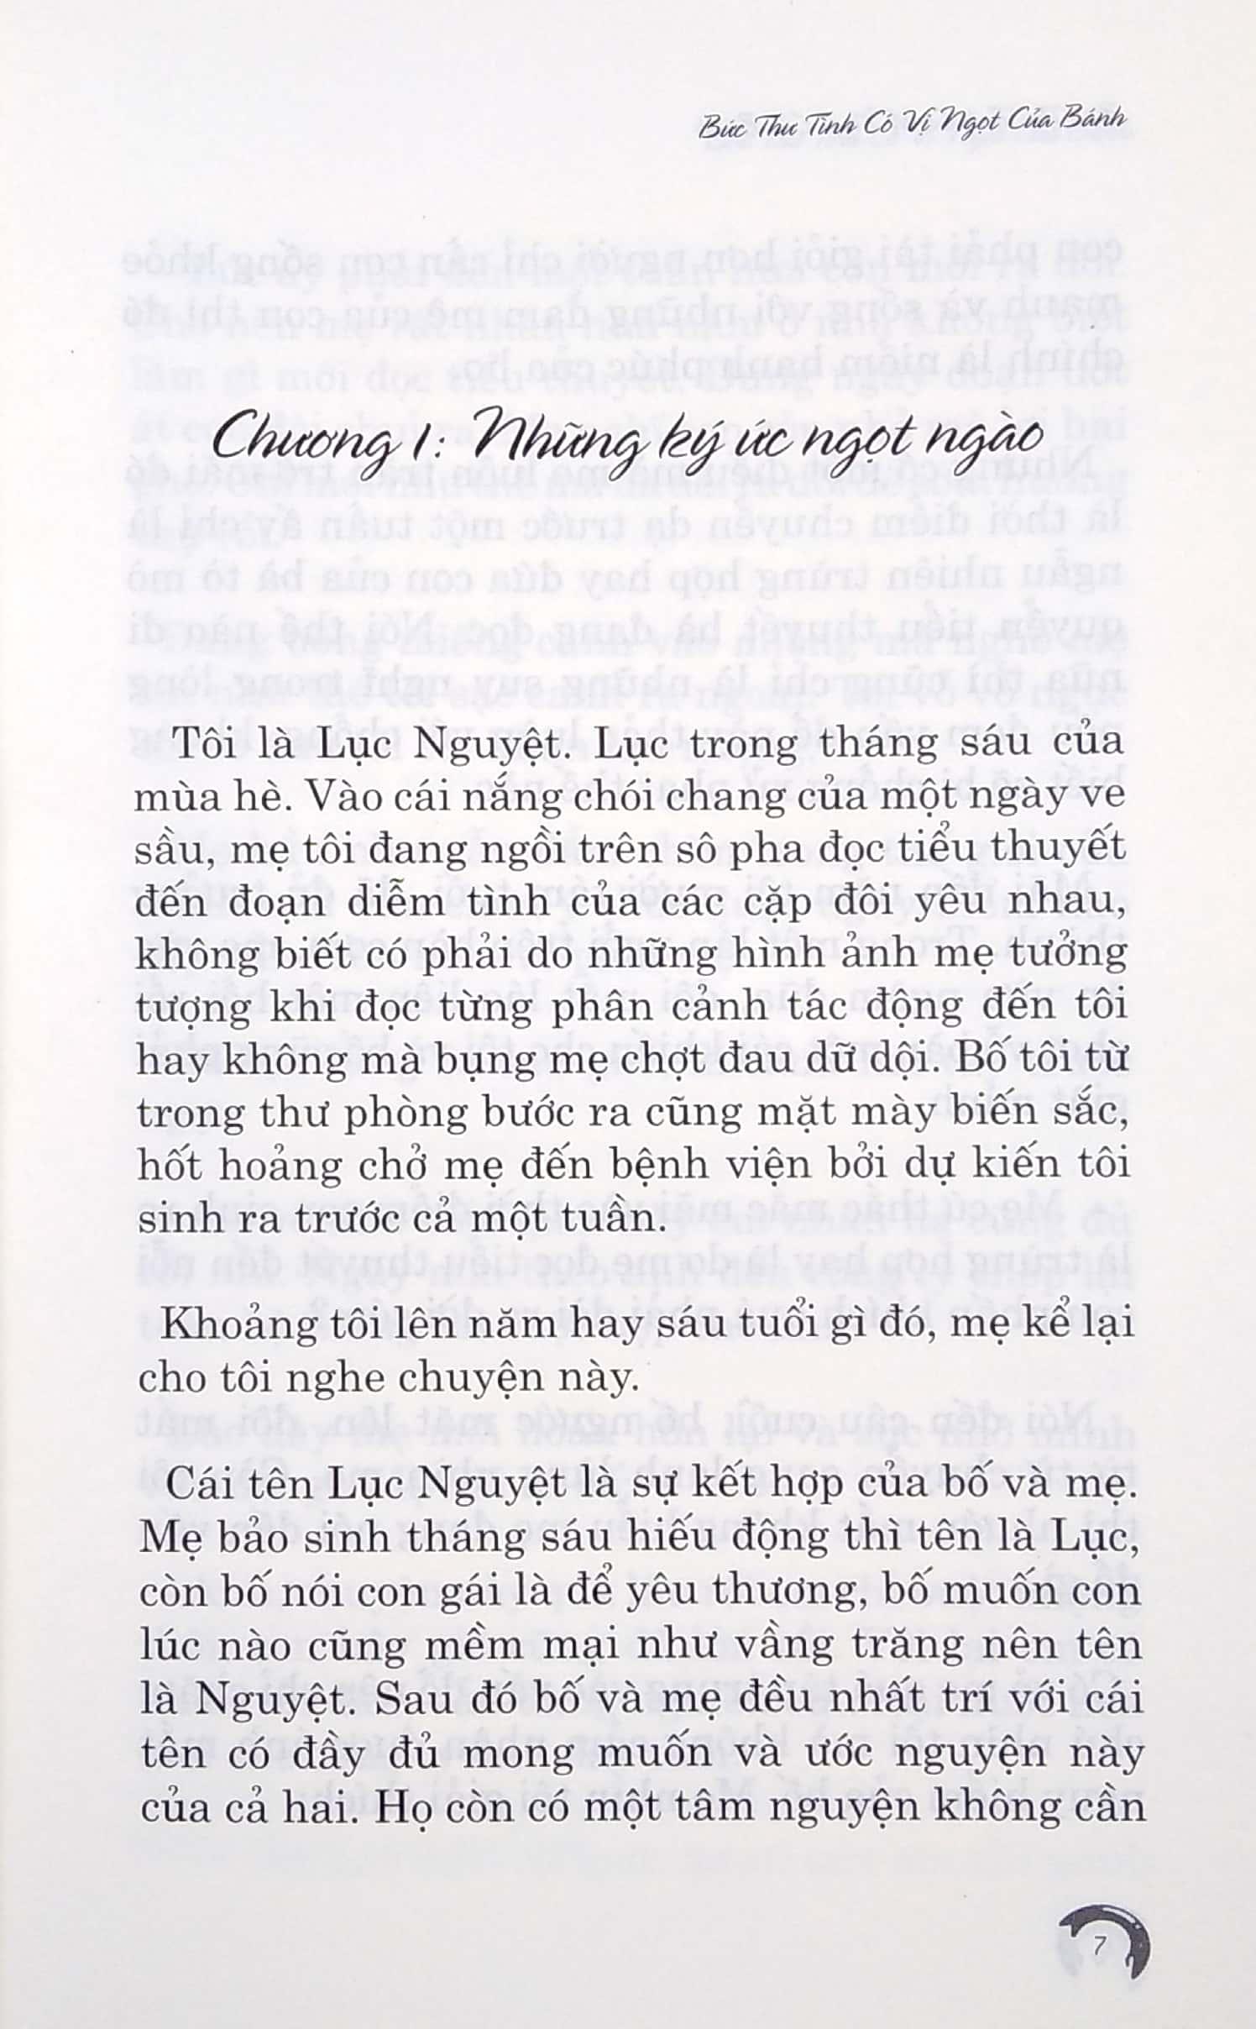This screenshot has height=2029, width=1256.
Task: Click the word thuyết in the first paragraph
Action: coord(1058,848)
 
